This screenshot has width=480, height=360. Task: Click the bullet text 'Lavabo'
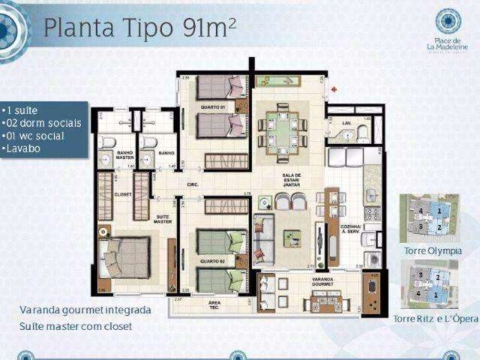click(x=24, y=148)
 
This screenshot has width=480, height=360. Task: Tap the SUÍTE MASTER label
click(x=163, y=219)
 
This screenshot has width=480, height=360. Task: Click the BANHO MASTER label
click(x=124, y=155)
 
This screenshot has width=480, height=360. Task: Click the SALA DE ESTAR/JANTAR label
click(x=291, y=179)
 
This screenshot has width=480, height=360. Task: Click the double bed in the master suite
click(x=126, y=258)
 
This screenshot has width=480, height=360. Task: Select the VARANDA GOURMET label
click(x=322, y=281)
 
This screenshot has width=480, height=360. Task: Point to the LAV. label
click(x=348, y=123)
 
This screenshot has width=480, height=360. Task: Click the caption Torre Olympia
click(x=433, y=251)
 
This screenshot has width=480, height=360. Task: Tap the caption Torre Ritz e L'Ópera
click(x=435, y=319)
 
